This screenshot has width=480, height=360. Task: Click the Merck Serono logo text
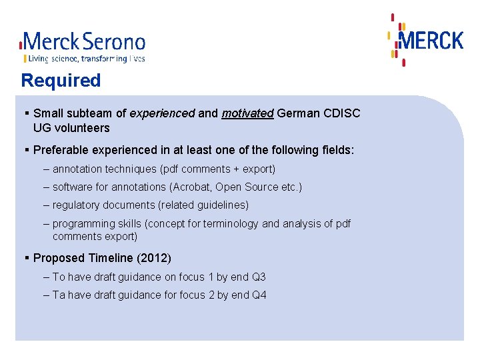pyautogui.click(x=83, y=43)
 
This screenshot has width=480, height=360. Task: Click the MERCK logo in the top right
pyautogui.click(x=430, y=41)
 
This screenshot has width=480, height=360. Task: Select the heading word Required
pyautogui.click(x=61, y=81)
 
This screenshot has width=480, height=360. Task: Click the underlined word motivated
pyautogui.click(x=247, y=113)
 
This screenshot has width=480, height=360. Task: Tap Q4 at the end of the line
pyautogui.click(x=259, y=295)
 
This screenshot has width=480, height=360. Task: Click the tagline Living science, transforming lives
pyautogui.click(x=84, y=59)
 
